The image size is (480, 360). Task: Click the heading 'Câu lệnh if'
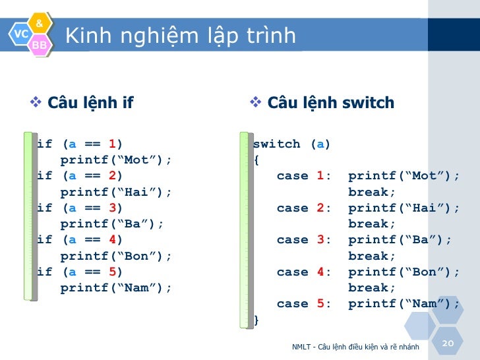click(90, 103)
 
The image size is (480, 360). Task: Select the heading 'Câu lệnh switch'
click(330, 103)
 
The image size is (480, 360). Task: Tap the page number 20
click(448, 344)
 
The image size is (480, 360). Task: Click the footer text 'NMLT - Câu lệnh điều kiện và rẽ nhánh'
click(355, 347)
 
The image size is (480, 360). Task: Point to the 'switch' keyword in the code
click(276, 144)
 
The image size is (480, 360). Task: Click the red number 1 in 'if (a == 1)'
click(112, 144)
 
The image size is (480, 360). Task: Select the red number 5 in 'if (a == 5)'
click(112, 272)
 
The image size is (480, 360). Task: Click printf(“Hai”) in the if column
click(115, 192)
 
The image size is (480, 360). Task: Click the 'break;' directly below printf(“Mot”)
click(372, 192)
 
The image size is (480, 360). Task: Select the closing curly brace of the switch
click(256, 320)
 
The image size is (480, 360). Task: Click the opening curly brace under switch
click(256, 160)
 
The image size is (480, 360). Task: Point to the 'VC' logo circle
click(20, 33)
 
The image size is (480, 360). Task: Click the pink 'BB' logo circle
click(40, 44)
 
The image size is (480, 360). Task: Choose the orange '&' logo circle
click(40, 24)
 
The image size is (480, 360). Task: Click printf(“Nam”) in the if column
click(115, 287)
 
